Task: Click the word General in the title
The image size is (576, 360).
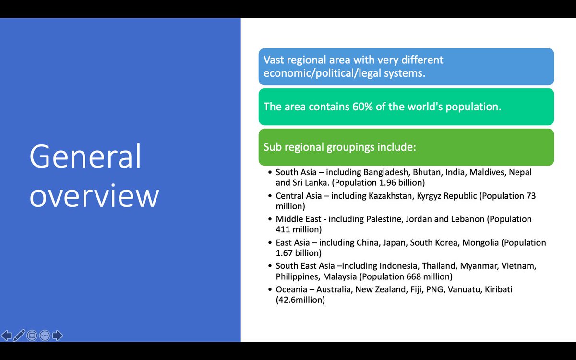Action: click(85, 157)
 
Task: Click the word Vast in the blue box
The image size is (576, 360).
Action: click(275, 60)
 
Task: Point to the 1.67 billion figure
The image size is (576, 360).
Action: click(299, 253)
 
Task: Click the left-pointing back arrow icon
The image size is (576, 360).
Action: click(7, 336)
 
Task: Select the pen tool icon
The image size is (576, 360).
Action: click(19, 336)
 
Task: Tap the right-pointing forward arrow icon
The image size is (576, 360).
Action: click(58, 336)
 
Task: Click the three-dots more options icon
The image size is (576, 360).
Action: click(45, 336)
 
